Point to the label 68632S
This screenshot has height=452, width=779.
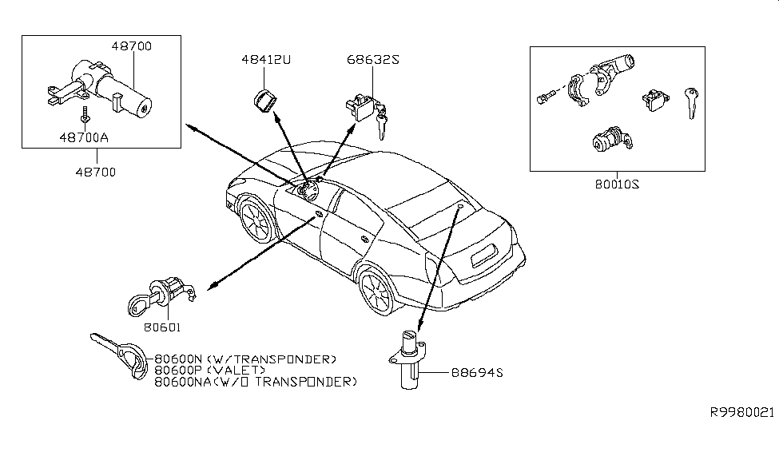372,60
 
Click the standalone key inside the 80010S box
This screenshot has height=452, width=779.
691,101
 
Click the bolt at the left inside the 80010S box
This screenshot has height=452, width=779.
544,98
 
